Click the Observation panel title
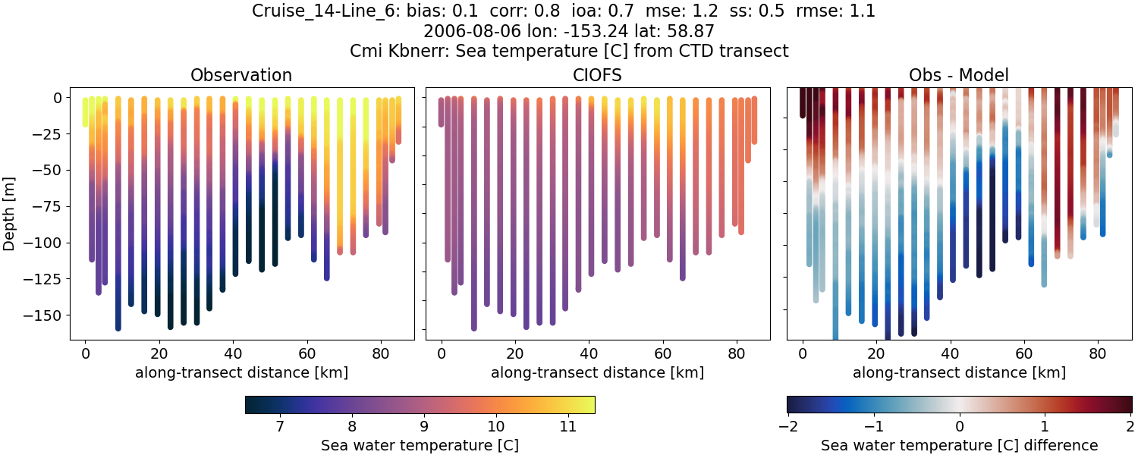click(241, 75)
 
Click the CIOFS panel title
click(597, 75)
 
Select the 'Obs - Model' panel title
click(958, 75)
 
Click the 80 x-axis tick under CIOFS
click(736, 353)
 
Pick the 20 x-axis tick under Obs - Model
click(876, 353)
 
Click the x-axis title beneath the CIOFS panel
click(597, 372)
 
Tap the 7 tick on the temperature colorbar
click(280, 426)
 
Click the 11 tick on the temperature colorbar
click(567, 426)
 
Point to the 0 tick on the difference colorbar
click(960, 426)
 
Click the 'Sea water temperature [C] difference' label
click(959, 445)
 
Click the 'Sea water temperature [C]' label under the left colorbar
click(420, 445)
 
